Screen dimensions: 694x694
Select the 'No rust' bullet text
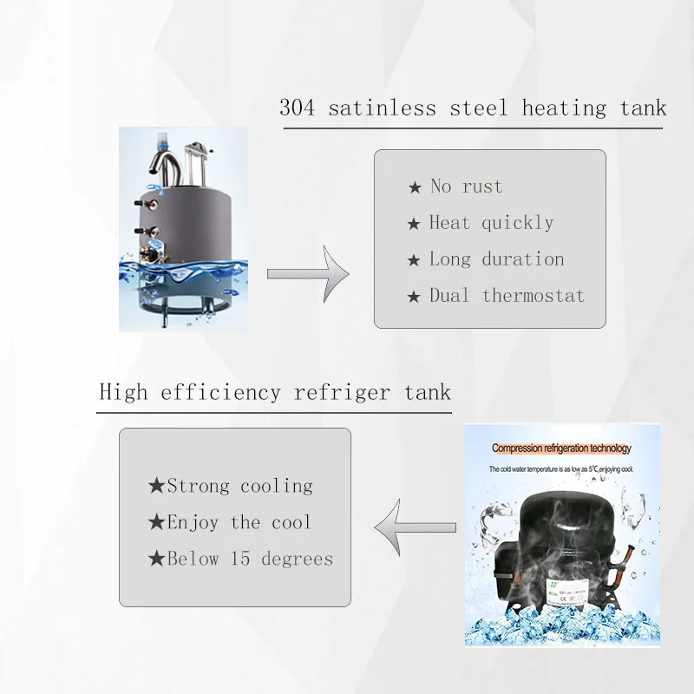[x=466, y=187]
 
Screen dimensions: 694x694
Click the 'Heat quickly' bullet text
[x=491, y=223]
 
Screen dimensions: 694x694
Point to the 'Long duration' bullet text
[x=496, y=259]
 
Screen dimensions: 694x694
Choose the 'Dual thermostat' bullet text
[x=507, y=296]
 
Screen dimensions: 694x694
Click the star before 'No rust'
[x=415, y=187]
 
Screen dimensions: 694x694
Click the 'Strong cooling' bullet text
[x=239, y=486]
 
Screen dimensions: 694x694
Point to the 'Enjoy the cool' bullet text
[x=239, y=522]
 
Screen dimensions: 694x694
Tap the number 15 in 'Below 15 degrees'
[x=240, y=559]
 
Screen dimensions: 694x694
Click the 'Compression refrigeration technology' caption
[x=561, y=448]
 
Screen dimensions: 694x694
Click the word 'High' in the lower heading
[x=123, y=391]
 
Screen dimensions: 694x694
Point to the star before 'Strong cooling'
[x=156, y=486]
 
